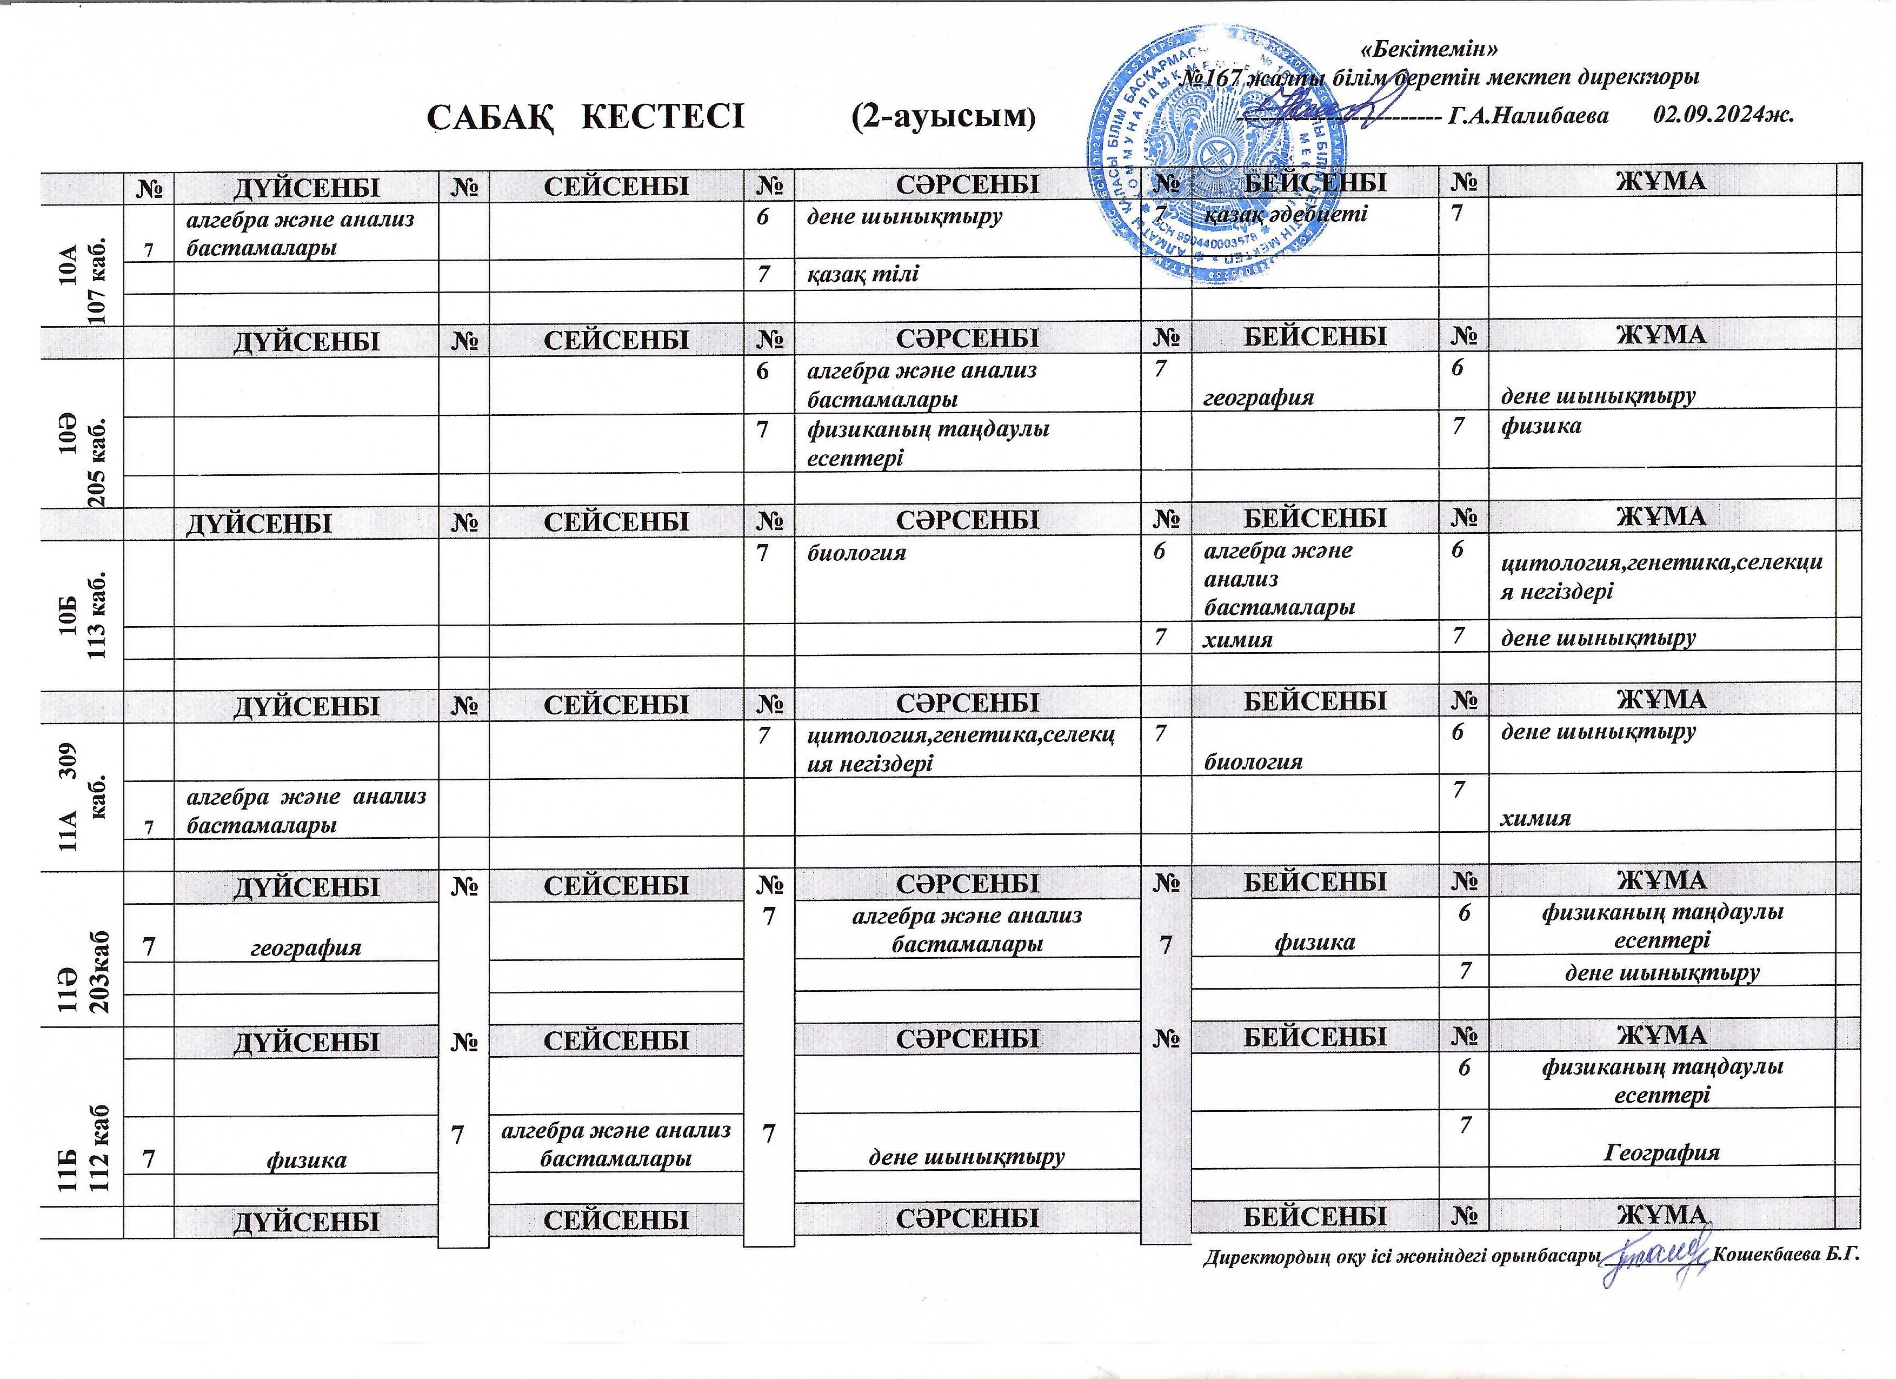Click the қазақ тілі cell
pyautogui.click(x=863, y=274)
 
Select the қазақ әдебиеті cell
pyautogui.click(x=1285, y=214)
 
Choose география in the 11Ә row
pyautogui.click(x=306, y=947)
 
